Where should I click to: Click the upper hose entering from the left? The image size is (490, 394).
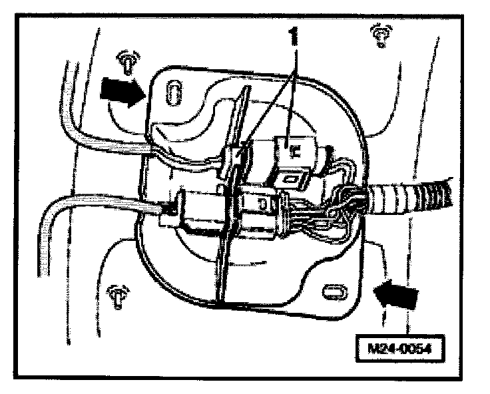(x=100, y=143)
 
